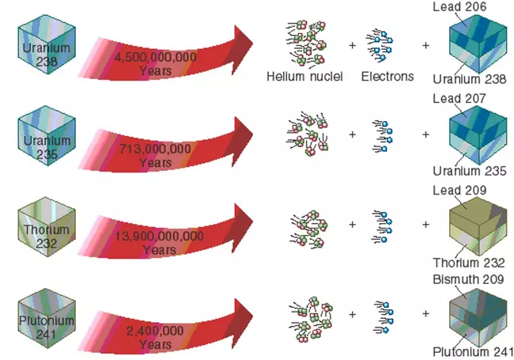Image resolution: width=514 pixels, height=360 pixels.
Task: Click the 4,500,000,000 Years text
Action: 155,64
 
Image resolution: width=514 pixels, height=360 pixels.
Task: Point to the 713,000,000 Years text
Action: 155,155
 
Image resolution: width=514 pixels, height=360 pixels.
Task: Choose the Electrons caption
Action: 387,77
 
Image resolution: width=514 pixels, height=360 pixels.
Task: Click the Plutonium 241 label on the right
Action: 471,353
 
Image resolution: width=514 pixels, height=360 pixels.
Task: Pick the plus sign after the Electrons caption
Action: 425,45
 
